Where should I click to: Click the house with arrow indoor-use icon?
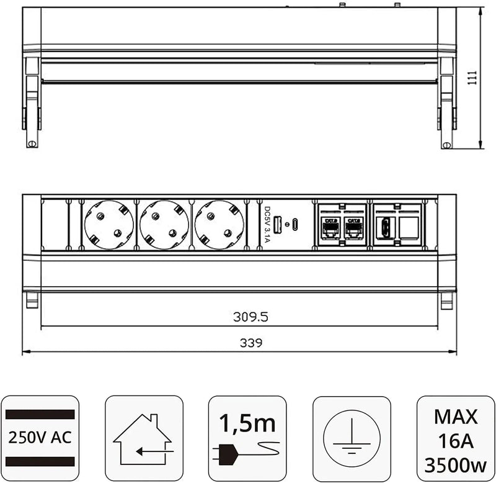pos(144,440)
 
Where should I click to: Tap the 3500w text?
pos(456,463)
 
